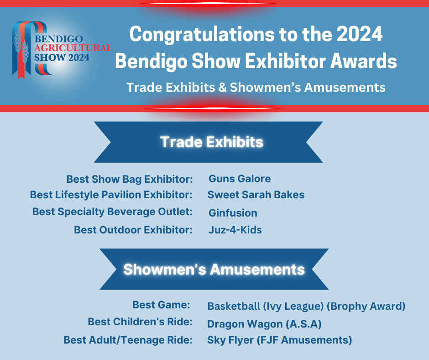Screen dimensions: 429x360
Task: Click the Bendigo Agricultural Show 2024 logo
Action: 62,50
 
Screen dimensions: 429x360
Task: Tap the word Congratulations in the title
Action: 202,35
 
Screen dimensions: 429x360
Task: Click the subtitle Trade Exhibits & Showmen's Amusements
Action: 256,88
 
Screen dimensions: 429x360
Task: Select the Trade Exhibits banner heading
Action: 211,142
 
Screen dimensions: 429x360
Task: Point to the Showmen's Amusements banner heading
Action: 214,270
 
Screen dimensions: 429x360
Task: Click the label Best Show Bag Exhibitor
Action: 130,180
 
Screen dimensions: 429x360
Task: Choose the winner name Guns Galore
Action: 240,179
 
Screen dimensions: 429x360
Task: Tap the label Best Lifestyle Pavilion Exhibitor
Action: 111,195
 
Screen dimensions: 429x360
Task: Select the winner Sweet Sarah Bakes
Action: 256,195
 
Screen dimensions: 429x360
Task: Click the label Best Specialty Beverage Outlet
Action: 112,212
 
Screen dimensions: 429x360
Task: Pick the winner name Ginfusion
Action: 233,213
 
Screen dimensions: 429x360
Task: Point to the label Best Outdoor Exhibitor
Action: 133,230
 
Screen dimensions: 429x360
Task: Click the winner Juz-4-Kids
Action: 235,230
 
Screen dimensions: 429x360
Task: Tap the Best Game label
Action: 162,305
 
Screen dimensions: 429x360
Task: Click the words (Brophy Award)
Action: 366,306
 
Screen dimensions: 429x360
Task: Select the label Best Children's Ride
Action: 140,322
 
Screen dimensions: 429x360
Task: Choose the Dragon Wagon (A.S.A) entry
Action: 264,324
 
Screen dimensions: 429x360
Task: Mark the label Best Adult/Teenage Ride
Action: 128,340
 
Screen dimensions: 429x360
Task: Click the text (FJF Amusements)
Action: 304,340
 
